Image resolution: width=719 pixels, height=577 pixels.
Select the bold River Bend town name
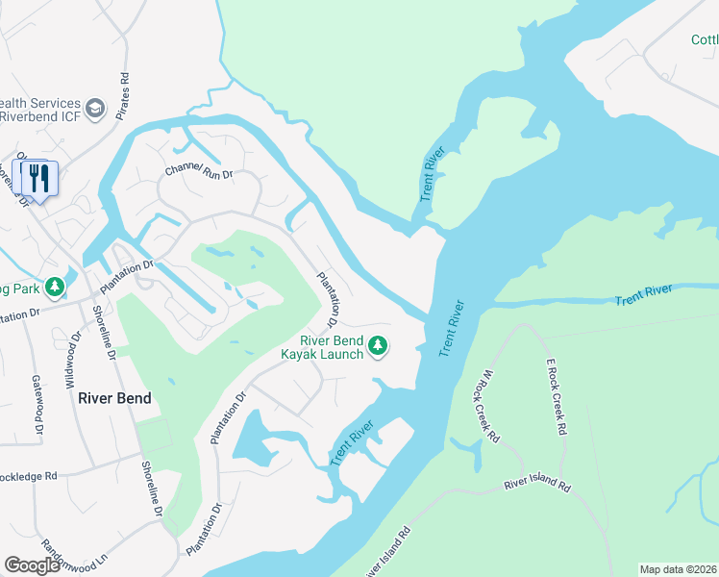click(114, 398)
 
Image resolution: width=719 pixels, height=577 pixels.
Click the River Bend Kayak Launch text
click(321, 347)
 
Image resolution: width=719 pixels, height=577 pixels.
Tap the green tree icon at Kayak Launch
click(379, 345)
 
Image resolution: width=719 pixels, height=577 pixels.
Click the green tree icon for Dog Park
click(56, 287)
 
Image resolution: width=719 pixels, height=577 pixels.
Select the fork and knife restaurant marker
click(38, 178)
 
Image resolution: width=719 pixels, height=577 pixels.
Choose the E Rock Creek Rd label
click(554, 398)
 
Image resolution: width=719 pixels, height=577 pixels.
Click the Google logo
click(33, 565)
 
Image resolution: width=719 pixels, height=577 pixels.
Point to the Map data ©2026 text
click(677, 569)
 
